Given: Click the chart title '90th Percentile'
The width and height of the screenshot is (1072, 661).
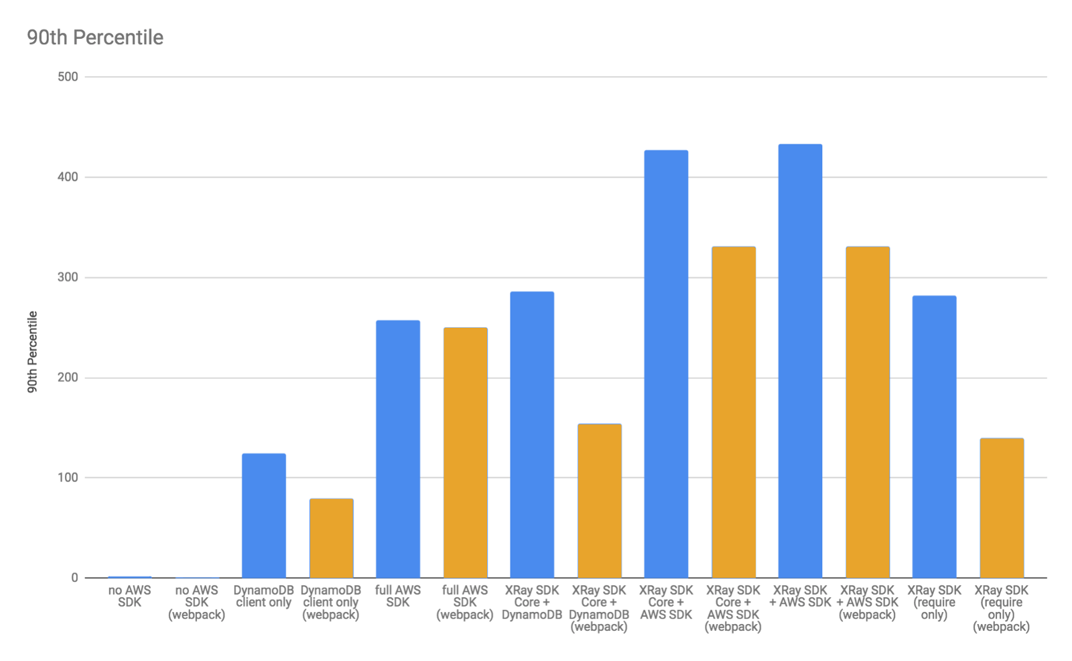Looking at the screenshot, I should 95,38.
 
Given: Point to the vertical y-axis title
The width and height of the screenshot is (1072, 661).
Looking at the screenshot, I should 32,351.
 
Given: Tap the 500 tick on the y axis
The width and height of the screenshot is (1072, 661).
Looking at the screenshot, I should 68,77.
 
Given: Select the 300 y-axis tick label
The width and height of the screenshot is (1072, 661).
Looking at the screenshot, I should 68,278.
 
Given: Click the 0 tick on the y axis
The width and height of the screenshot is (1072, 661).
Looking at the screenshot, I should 74,578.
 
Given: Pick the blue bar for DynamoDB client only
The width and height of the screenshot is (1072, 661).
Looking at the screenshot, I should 263,516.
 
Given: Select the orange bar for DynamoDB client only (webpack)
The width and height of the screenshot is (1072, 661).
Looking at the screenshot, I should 331,538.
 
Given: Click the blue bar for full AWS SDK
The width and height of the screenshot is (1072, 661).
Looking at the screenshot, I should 398,449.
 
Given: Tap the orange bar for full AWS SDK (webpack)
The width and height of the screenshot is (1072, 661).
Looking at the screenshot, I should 465,453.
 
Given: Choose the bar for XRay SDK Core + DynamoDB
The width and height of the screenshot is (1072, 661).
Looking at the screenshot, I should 532,434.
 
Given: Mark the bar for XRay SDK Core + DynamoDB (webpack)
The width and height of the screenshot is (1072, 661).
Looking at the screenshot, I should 599,501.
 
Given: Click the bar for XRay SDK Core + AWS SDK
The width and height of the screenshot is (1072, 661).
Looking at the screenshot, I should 666,364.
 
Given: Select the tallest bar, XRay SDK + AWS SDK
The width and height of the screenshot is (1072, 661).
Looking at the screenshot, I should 800,361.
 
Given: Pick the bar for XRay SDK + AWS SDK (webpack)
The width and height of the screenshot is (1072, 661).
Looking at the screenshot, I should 867,412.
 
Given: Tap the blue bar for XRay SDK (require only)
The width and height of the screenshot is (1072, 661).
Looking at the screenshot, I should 934,436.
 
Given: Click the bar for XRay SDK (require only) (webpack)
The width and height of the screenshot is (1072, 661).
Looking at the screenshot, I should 1001,508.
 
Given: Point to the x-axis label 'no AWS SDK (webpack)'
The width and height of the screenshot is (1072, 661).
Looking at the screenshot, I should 196,602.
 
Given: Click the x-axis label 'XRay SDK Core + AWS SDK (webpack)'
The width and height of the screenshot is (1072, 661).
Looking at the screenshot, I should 733,608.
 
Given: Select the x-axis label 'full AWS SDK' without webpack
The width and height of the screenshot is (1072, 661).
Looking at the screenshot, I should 398,596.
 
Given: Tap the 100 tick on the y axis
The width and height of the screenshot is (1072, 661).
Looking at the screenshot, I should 68,478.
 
